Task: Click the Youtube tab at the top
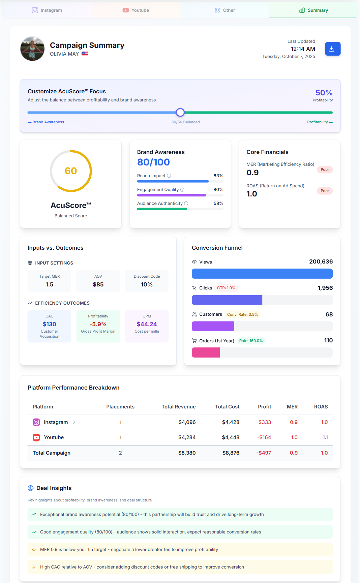click(x=136, y=10)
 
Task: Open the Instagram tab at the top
click(x=47, y=10)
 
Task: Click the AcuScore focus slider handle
click(x=180, y=113)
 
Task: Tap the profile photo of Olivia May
click(x=32, y=49)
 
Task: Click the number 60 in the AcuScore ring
click(x=71, y=171)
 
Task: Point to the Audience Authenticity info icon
click(x=186, y=204)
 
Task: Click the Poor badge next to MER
click(x=325, y=170)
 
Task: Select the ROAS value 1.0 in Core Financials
click(x=252, y=194)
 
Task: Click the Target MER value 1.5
click(x=50, y=284)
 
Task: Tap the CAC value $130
click(x=50, y=324)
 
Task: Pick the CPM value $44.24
click(x=147, y=324)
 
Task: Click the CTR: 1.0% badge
click(x=226, y=288)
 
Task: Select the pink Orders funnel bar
click(x=206, y=352)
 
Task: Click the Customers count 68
click(x=329, y=314)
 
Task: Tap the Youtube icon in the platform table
click(x=36, y=437)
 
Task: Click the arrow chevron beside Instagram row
click(x=74, y=422)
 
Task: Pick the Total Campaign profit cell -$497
click(x=264, y=453)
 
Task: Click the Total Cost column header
click(x=227, y=407)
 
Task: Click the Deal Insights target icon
click(x=31, y=488)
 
